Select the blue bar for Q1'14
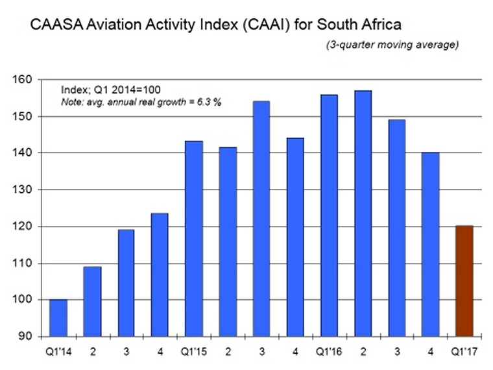[x=58, y=318]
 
